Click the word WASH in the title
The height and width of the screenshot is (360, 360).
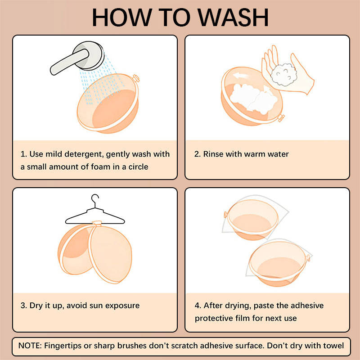pos(233,18)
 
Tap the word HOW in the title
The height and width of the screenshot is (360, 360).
pos(121,18)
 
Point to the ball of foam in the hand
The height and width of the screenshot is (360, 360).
pos(284,75)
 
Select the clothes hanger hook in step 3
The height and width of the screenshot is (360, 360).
pos(95,200)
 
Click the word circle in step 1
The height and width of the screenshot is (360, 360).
pos(138,166)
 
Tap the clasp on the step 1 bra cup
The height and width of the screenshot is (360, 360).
pos(136,78)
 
